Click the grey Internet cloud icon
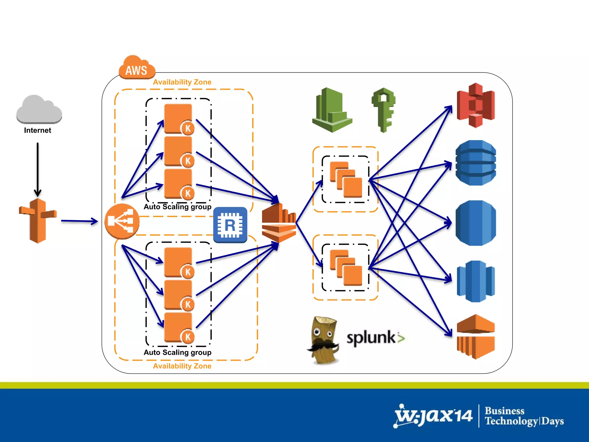pyautogui.click(x=39, y=109)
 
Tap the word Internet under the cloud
pyautogui.click(x=37, y=130)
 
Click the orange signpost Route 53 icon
pyautogui.click(x=38, y=220)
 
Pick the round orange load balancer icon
pyautogui.click(x=122, y=221)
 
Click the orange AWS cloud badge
pyautogui.click(x=137, y=68)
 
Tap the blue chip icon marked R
pyautogui.click(x=230, y=225)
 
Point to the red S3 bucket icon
pyautogui.click(x=476, y=105)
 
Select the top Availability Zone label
pyautogui.click(x=182, y=82)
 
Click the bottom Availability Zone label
pyautogui.click(x=182, y=366)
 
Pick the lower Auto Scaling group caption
pyautogui.click(x=177, y=353)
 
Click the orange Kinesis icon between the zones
pyautogui.click(x=279, y=223)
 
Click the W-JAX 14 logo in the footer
pyautogui.click(x=433, y=416)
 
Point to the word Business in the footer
pyautogui.click(x=504, y=411)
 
